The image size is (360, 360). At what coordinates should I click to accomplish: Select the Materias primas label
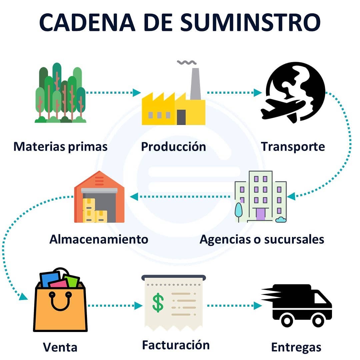click(x=60, y=146)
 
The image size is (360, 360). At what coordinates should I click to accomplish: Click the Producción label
click(x=173, y=146)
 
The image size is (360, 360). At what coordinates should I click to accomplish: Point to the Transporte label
click(x=293, y=146)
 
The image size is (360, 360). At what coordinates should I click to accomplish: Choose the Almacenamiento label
click(x=99, y=239)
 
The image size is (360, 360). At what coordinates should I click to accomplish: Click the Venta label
click(x=60, y=347)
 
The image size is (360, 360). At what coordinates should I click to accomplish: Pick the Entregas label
click(x=296, y=347)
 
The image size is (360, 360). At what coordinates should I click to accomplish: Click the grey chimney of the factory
click(x=195, y=83)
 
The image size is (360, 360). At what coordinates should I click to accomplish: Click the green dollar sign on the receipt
click(x=158, y=302)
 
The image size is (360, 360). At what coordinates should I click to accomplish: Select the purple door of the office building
click(x=260, y=214)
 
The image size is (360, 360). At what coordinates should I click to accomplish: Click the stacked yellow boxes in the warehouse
click(x=92, y=211)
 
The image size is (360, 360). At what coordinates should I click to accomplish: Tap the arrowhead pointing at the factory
click(x=137, y=93)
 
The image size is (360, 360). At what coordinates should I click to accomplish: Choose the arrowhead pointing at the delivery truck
click(x=258, y=305)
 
